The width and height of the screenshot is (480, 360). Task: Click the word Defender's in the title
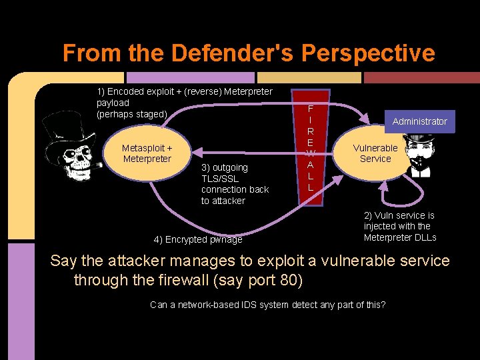(203, 53)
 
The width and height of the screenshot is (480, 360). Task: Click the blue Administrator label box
(419, 121)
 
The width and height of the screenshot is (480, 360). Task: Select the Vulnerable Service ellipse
(375, 153)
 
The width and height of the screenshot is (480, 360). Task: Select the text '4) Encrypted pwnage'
(198, 239)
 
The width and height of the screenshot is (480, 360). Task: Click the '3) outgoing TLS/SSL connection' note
(235, 184)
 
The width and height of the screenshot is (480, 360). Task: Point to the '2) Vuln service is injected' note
(400, 227)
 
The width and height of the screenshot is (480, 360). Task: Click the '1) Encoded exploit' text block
(184, 103)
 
